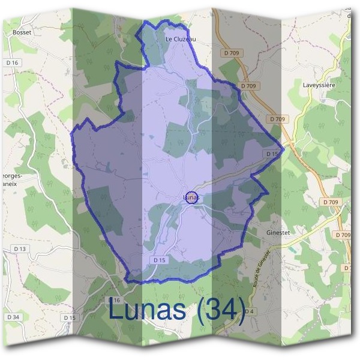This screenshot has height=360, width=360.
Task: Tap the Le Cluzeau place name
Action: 181,39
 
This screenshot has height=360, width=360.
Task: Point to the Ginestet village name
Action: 278,232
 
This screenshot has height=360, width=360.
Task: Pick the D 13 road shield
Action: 20,248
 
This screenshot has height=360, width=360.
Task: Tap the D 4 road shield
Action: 250,311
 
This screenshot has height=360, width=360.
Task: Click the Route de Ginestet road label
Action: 262,268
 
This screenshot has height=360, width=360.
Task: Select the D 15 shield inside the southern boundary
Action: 159,260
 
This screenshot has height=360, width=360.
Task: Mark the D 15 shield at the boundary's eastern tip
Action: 272,154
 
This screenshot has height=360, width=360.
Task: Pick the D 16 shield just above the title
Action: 115,299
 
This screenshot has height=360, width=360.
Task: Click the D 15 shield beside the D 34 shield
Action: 70,317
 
